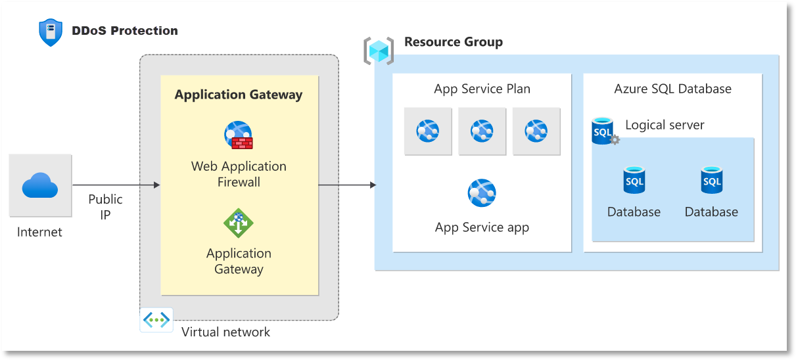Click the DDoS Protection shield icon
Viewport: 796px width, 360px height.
tap(51, 32)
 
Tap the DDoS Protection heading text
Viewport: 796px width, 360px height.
tap(125, 30)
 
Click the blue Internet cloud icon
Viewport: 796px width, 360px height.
tap(40, 185)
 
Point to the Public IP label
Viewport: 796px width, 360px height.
tap(105, 207)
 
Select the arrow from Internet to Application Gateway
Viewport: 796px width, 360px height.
tap(116, 185)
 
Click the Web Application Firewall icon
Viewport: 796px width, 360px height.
tap(238, 135)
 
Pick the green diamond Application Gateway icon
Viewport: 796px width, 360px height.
tap(239, 223)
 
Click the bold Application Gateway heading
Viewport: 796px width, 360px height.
tap(239, 95)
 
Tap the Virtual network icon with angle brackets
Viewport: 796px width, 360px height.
tap(156, 320)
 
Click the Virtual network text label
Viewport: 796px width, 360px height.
tap(225, 332)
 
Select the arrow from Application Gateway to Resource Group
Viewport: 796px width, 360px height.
tap(347, 185)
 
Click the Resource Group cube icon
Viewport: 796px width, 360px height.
tap(379, 51)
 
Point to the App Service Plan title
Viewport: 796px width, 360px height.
tap(482, 89)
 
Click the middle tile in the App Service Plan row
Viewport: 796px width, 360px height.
tap(482, 131)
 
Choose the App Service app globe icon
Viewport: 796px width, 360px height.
tap(482, 192)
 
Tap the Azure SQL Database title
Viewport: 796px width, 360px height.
tap(672, 89)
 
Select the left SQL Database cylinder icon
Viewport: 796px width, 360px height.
tap(634, 180)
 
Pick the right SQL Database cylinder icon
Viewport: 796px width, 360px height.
tap(712, 180)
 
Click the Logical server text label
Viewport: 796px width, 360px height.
tap(665, 125)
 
